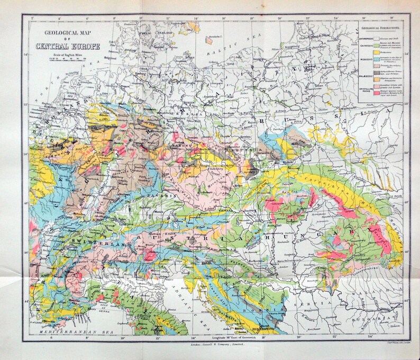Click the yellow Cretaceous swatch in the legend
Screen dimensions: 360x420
(359, 53)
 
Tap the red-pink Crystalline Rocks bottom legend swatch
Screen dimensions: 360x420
(359, 92)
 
